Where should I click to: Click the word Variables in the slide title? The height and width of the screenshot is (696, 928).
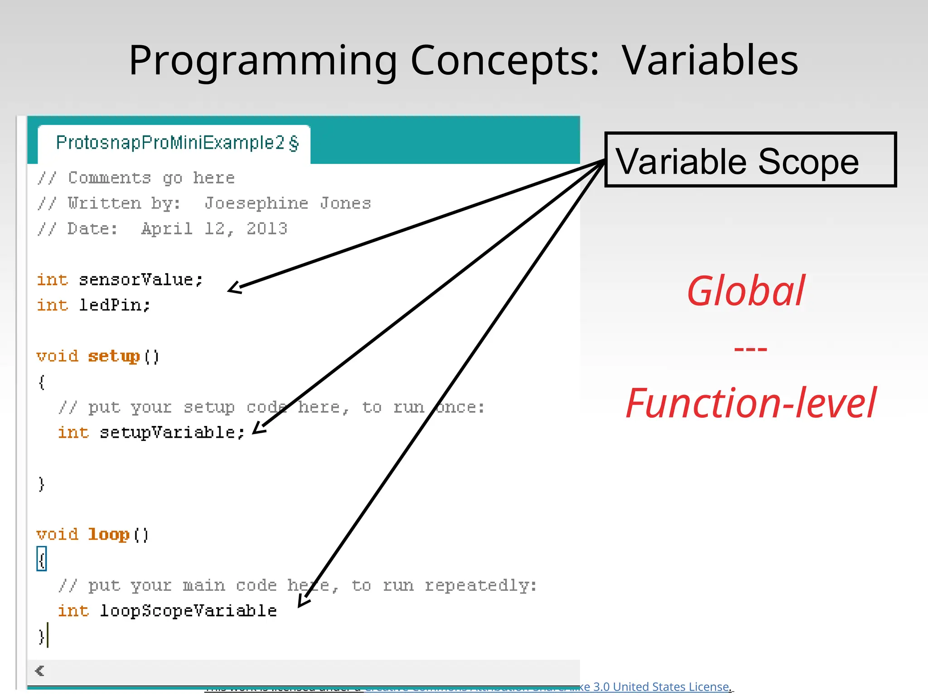click(x=710, y=60)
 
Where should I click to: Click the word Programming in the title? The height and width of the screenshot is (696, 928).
click(x=263, y=61)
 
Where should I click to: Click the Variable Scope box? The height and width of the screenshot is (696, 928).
click(x=750, y=159)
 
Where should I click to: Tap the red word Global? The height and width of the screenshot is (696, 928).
click(x=746, y=291)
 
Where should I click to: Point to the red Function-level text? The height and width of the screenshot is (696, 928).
click(x=750, y=403)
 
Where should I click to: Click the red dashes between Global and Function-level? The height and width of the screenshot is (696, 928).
click(x=750, y=349)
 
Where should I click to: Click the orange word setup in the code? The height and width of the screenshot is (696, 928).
click(x=114, y=356)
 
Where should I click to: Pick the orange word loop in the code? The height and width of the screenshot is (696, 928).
click(x=109, y=535)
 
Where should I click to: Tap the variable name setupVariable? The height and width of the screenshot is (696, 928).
click(x=168, y=432)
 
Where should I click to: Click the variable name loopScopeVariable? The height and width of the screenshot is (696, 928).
click(x=188, y=611)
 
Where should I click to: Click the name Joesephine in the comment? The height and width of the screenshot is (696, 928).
click(x=256, y=203)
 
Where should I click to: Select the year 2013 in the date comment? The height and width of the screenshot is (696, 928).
click(x=267, y=229)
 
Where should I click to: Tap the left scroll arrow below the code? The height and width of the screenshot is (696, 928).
click(x=40, y=671)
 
